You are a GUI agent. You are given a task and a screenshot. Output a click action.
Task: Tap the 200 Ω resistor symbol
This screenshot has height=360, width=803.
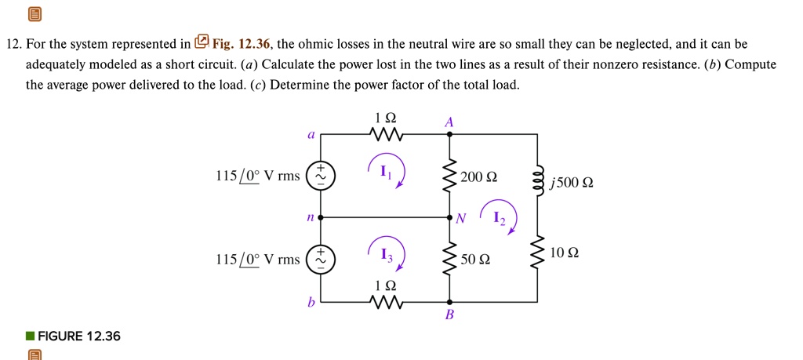click(x=449, y=177)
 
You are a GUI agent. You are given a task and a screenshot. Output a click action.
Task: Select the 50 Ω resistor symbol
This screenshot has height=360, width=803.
click(x=449, y=258)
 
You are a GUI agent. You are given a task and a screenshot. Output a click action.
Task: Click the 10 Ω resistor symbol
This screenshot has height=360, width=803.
click(x=538, y=253)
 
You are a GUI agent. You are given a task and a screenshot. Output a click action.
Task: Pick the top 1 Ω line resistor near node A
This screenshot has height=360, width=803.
click(x=386, y=135)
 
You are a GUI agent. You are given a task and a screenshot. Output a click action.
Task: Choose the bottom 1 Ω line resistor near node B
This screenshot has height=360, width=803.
click(x=386, y=302)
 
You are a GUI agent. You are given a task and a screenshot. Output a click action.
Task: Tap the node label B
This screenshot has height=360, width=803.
click(x=449, y=317)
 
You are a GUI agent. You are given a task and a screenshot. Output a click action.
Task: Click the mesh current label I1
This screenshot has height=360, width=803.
click(x=384, y=173)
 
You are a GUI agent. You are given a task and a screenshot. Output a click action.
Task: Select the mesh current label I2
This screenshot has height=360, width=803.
click(x=500, y=219)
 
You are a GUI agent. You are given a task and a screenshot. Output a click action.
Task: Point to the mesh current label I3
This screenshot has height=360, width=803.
click(x=384, y=253)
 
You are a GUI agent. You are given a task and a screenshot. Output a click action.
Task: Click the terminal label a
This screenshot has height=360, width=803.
click(x=311, y=135)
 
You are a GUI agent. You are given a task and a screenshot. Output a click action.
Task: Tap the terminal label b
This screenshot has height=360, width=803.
click(x=311, y=301)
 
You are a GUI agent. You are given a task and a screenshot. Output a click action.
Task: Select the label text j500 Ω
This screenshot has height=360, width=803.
click(x=572, y=183)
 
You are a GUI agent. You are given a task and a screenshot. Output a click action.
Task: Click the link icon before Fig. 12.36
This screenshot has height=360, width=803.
click(x=202, y=42)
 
